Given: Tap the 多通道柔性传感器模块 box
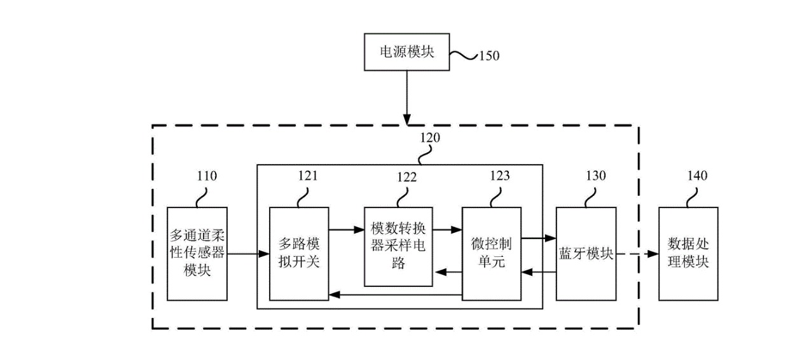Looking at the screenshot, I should coord(197,253).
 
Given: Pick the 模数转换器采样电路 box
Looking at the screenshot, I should coord(398,246).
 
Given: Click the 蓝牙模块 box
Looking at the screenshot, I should coord(586,253).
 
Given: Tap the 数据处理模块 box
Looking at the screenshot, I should coord(688,253).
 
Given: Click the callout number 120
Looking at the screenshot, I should coord(429,136).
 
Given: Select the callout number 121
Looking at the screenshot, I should coord(307,176).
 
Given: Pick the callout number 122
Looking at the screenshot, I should coord(407,177).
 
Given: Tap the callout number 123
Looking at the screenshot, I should coord(499,176).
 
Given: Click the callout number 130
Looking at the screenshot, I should coord(595,176).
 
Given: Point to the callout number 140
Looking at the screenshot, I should coord(698,176).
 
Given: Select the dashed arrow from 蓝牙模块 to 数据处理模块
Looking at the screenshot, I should coord(637,254).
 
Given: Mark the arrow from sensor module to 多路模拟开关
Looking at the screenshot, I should coord(248,254).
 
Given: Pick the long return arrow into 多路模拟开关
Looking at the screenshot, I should coord(394,294).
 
